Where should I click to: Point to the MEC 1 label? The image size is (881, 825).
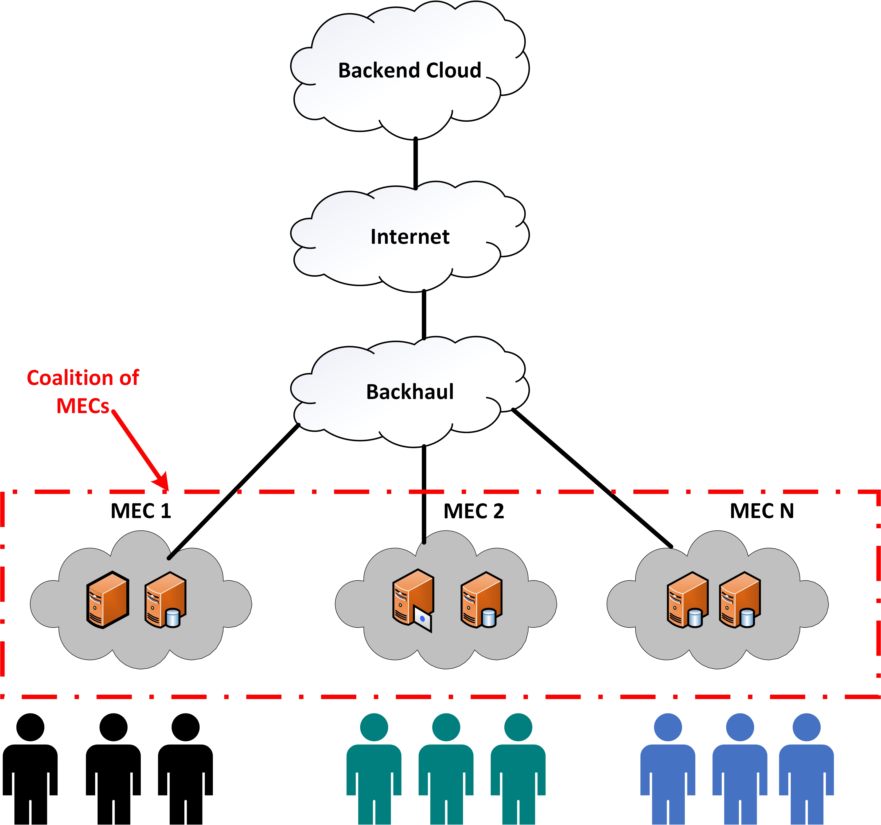[x=140, y=511]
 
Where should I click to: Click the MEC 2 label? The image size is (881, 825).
[x=473, y=511]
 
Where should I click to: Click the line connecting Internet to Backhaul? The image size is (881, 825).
[x=424, y=315]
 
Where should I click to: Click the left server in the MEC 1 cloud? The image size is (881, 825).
[x=108, y=600]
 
